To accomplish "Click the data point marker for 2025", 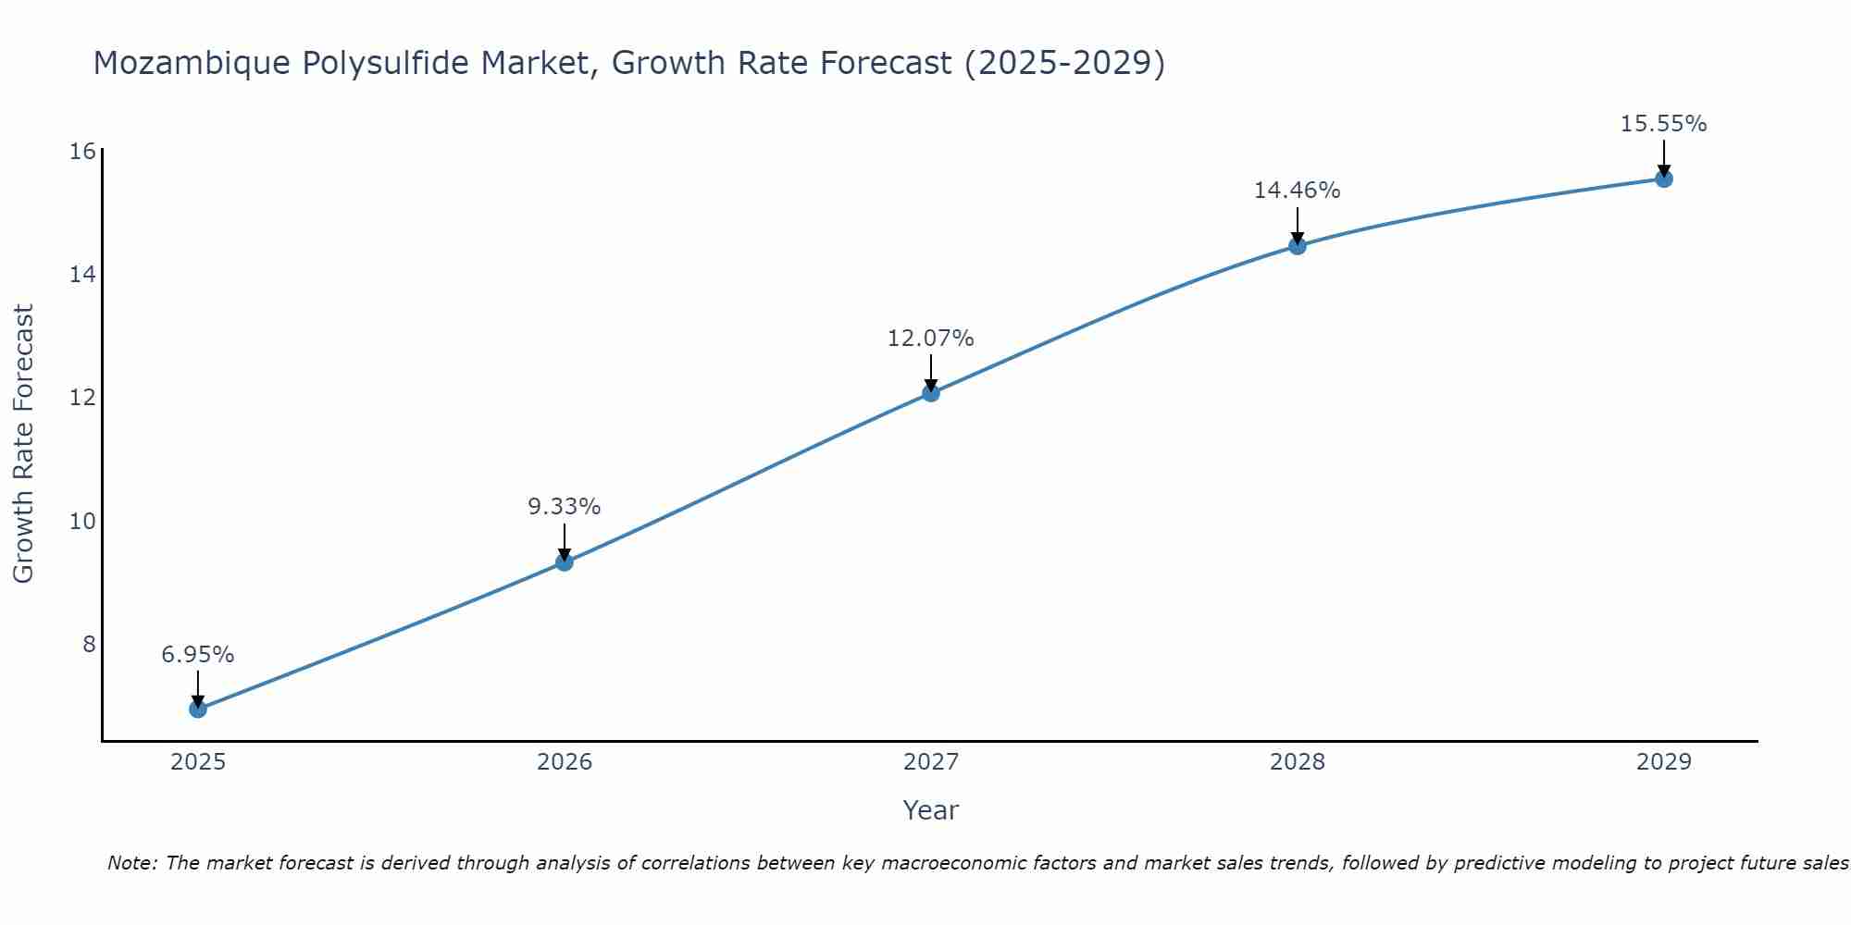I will [198, 709].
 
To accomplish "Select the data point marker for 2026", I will [565, 562].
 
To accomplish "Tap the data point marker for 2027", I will [931, 393].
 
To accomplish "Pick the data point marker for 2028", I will [1298, 246].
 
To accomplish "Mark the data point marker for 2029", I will [1664, 179].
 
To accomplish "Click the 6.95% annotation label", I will [198, 655].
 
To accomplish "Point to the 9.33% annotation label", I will [565, 507].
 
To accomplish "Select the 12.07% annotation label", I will [931, 339].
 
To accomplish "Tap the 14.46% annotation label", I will [1298, 191].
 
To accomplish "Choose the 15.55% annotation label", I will [1664, 124].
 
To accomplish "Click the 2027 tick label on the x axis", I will [931, 762].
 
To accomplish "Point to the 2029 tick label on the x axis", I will [1664, 762].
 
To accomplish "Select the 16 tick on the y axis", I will [83, 151].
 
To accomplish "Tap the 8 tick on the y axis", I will [90, 644].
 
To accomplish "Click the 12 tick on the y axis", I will [83, 398].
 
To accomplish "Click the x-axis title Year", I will [931, 810].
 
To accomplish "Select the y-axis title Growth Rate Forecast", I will [24, 444].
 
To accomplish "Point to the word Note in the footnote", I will [133, 864].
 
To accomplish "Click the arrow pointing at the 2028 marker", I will [1298, 225].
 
